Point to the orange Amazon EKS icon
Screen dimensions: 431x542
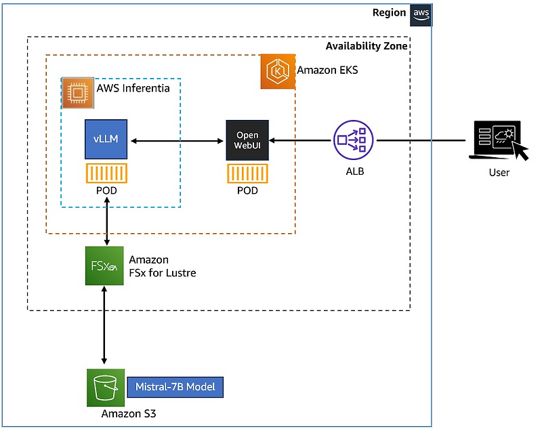click(278, 72)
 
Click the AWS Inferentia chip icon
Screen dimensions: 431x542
click(78, 94)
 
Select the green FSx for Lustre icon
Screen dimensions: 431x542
click(104, 266)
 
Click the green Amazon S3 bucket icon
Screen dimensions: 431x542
click(104, 387)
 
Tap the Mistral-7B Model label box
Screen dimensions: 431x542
click(175, 387)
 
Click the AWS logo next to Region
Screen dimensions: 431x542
click(419, 14)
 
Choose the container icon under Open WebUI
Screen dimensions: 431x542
click(247, 173)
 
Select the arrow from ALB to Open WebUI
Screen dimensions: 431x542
click(301, 141)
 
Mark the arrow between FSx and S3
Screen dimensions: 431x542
click(104, 325)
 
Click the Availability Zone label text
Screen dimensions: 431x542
click(367, 46)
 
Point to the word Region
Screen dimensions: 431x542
click(389, 14)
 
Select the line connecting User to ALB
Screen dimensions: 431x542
click(420, 141)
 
